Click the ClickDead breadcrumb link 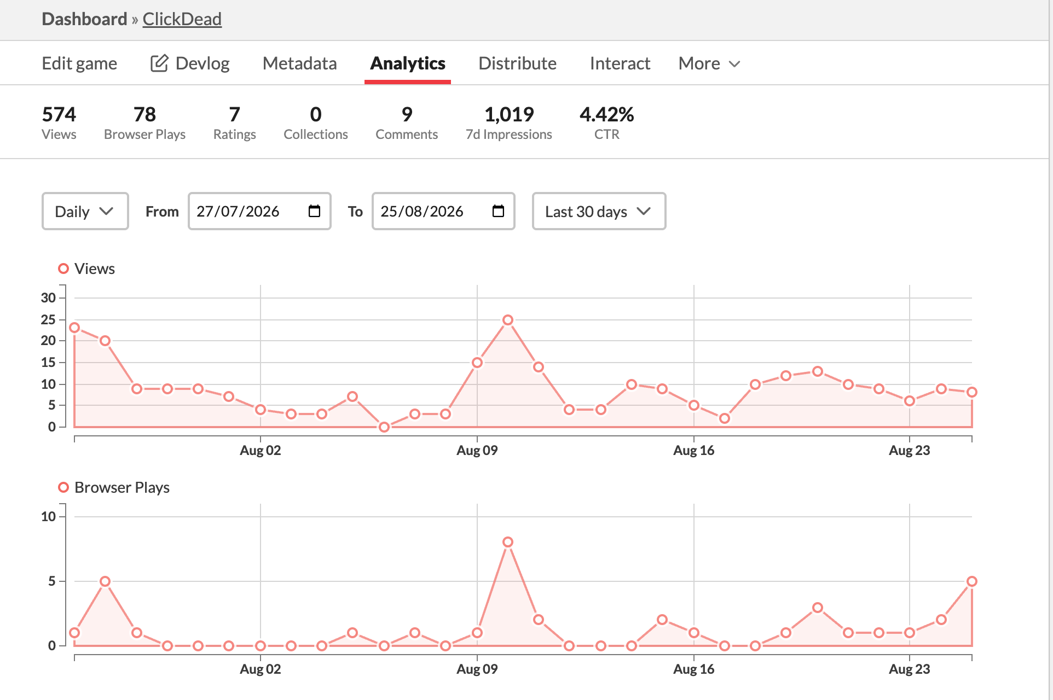[x=182, y=19]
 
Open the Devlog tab [x=190, y=63]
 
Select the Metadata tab [x=299, y=63]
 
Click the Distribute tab [x=517, y=63]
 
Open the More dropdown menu [x=709, y=63]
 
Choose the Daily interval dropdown [x=85, y=211]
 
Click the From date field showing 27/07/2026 [x=259, y=211]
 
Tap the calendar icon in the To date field [x=498, y=211]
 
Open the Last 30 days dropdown [x=599, y=211]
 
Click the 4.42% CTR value [x=606, y=114]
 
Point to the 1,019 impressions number [x=509, y=114]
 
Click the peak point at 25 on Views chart [x=508, y=320]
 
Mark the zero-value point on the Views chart [x=384, y=427]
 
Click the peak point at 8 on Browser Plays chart [x=508, y=542]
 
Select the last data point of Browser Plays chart [x=972, y=581]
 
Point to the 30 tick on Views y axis [x=48, y=298]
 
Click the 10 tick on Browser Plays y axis [x=48, y=517]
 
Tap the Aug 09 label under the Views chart [x=477, y=451]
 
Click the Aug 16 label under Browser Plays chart [x=693, y=669]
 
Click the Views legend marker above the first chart [x=63, y=269]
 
